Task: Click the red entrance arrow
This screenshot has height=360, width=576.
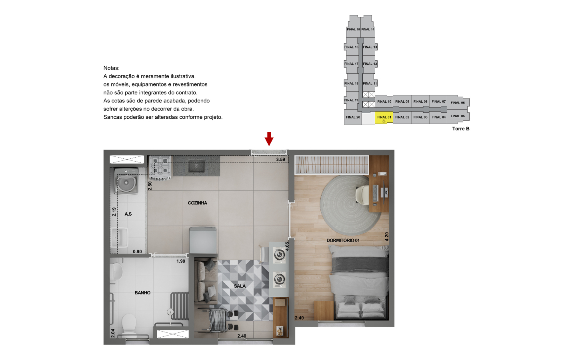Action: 269,139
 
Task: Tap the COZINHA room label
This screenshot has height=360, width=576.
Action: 197,203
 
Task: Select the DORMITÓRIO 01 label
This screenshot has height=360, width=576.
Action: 343,240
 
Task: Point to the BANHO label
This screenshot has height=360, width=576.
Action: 142,293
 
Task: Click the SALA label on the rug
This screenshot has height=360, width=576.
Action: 240,286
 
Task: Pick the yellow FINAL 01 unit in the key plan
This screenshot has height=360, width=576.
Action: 384,118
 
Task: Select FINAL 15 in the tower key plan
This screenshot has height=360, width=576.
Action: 353,29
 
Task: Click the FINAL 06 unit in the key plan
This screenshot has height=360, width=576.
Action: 458,102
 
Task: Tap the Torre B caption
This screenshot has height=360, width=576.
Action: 461,128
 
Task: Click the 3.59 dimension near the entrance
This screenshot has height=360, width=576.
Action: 280,160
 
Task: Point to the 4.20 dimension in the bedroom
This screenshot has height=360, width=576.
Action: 386,236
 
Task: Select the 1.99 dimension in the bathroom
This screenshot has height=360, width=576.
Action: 181,261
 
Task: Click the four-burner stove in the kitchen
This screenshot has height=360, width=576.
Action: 160,168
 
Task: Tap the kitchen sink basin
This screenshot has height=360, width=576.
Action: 196,166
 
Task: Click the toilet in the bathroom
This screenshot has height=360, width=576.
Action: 128,325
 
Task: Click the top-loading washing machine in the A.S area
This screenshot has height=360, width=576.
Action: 126,181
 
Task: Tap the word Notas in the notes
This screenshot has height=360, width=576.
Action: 111,68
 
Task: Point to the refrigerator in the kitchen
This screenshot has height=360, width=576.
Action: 203,240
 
